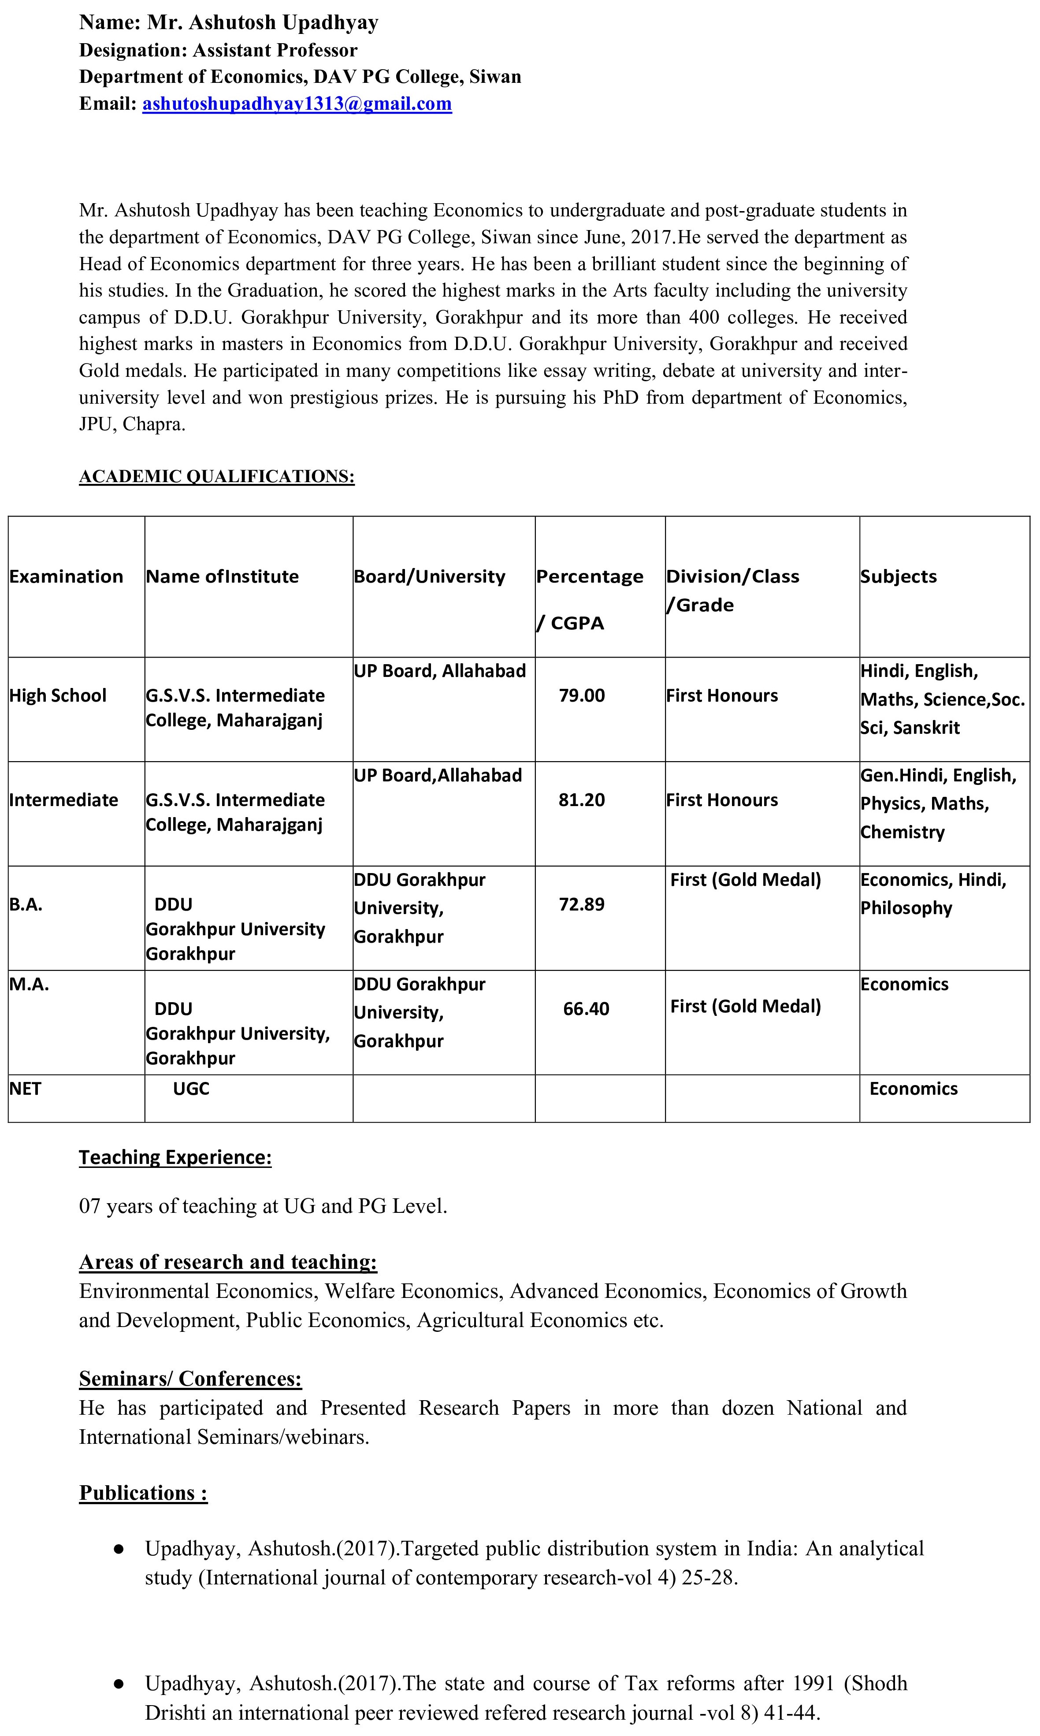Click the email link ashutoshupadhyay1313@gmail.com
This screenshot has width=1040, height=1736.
(x=297, y=104)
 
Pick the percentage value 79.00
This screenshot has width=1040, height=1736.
(x=582, y=695)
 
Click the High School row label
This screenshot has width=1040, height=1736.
(x=57, y=695)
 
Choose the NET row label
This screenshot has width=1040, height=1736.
(x=25, y=1089)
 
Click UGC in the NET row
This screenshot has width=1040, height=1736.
(x=191, y=1089)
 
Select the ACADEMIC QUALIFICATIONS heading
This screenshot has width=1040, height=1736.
(x=216, y=476)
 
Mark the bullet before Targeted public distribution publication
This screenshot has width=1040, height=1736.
(x=119, y=1548)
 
